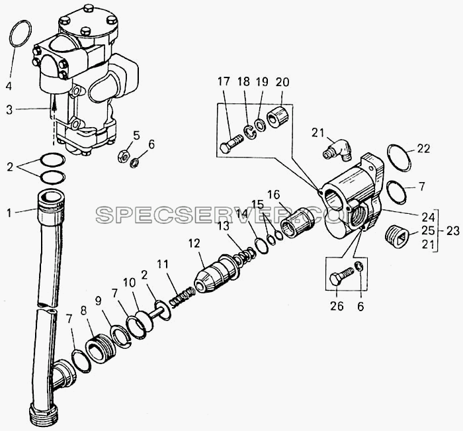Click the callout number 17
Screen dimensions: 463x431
coord(224,82)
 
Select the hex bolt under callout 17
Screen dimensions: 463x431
coord(232,144)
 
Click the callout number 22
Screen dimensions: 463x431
coord(423,148)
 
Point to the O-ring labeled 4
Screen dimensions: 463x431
coord(21,33)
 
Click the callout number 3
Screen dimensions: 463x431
coord(10,110)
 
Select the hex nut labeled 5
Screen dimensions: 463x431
coord(122,155)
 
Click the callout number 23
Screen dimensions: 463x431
coord(453,230)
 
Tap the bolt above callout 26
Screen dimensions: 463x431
coord(341,275)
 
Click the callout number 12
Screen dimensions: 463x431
coord(194,243)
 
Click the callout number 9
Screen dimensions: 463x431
coord(98,301)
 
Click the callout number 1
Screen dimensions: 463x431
coord(9,213)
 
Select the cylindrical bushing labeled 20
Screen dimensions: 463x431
coord(278,117)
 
